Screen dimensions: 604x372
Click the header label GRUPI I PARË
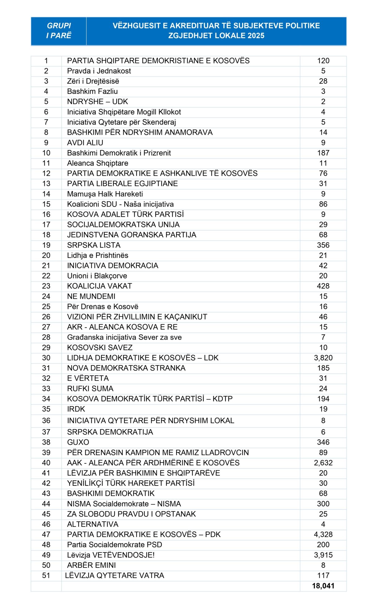click(59, 30)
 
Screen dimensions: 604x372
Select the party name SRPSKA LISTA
click(94, 245)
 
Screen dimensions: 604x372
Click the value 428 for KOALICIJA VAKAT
click(323, 286)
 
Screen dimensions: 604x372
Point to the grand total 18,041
click(323, 586)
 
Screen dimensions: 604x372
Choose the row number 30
click(46, 358)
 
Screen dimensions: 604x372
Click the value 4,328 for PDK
click(323, 535)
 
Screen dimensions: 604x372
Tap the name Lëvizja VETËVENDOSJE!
click(111, 555)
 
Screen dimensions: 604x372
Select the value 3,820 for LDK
click(323, 358)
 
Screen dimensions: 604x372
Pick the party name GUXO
click(78, 442)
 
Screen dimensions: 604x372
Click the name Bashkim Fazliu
click(92, 91)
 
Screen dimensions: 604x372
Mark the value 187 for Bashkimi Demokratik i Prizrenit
click(323, 153)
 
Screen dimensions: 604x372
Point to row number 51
click(46, 575)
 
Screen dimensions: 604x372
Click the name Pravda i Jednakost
click(99, 71)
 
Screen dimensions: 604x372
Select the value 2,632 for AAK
click(323, 463)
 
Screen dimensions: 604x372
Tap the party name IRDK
click(76, 409)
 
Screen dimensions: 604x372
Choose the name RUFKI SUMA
click(90, 389)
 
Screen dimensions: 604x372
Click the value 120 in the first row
click(323, 61)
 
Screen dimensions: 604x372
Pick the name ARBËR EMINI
click(91, 565)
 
